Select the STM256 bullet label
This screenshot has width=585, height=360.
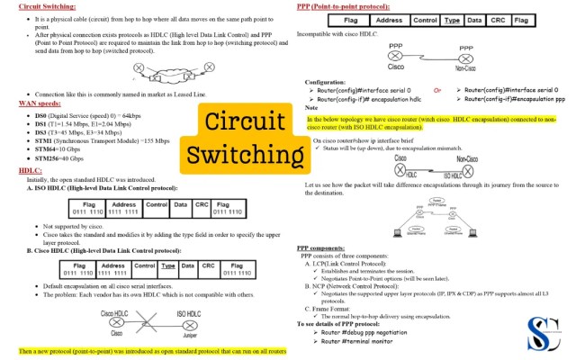point(47,158)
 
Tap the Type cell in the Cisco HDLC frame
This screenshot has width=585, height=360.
point(167,267)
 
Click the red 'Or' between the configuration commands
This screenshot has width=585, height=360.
point(437,90)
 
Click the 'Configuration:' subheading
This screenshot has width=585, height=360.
point(325,82)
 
